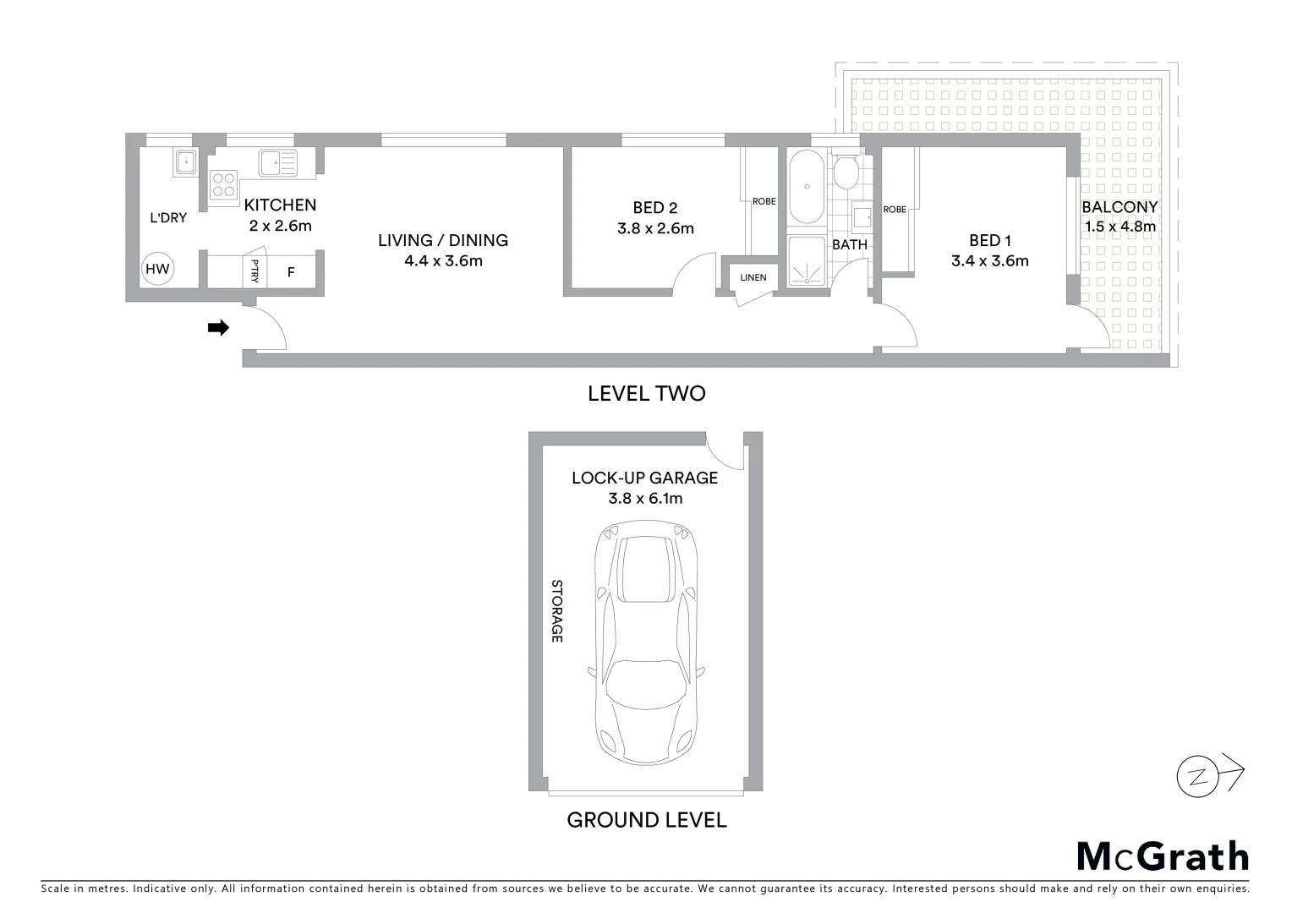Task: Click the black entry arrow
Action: coord(218,328)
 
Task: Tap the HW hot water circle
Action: coord(157,270)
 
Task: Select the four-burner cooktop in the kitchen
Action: coord(224,188)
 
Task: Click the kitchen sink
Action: coord(278,163)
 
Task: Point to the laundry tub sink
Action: coord(185,161)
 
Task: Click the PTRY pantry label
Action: coord(255,272)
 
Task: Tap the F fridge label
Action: coord(291,272)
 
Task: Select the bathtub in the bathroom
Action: coord(807,188)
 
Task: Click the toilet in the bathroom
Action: coord(845,172)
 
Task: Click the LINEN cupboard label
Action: coord(753,277)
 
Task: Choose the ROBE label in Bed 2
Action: coord(764,201)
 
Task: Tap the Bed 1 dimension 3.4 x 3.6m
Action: coord(989,261)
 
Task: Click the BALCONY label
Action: coord(1120,207)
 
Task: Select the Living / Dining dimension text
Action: coord(443,261)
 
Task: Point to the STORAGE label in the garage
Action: coord(556,610)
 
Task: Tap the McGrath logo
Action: coord(1162,856)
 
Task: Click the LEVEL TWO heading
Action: coord(646,393)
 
